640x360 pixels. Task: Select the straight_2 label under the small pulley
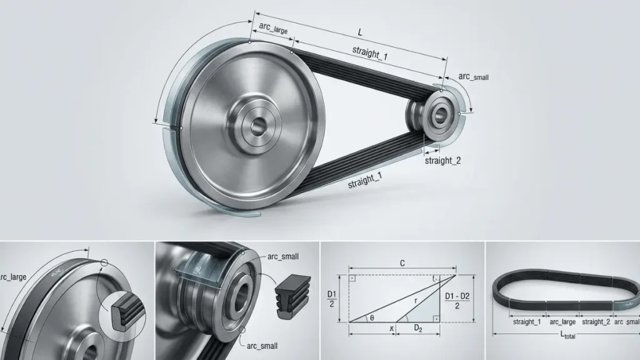click(442, 161)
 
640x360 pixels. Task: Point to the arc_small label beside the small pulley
click(473, 77)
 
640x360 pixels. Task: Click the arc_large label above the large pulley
click(274, 27)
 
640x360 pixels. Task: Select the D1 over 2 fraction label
click(332, 299)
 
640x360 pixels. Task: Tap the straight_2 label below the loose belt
click(595, 322)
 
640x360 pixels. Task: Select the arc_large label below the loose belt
click(562, 322)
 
